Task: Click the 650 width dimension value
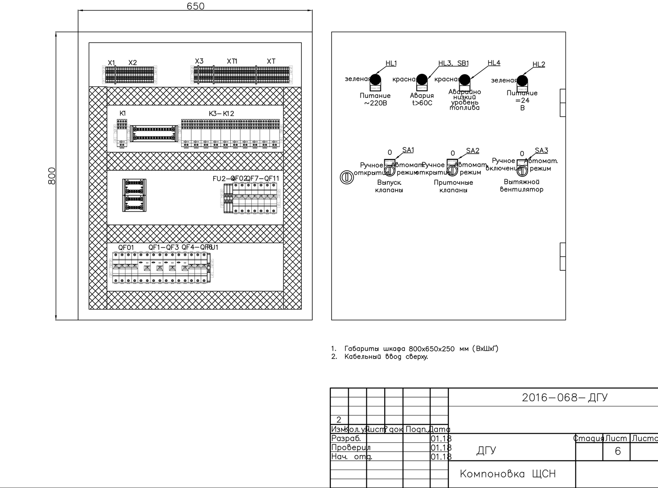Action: (x=195, y=6)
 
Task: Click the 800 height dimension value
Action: (x=52, y=176)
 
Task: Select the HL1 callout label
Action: (x=391, y=63)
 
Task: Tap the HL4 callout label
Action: (x=493, y=63)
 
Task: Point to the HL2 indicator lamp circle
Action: (x=522, y=81)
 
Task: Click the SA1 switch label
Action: (x=408, y=150)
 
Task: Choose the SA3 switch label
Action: (x=541, y=151)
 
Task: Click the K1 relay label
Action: (x=123, y=113)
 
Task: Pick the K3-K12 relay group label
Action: (x=222, y=113)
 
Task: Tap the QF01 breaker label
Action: (x=126, y=248)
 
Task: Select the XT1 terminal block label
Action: (x=232, y=61)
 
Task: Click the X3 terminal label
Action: (x=199, y=61)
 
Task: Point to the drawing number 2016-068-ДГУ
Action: (x=565, y=398)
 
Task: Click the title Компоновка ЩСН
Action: (x=508, y=474)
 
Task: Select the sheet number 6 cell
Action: (x=618, y=451)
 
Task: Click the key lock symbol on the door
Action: (x=347, y=177)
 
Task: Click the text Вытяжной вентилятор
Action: (x=522, y=186)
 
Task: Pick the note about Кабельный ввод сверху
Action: (x=385, y=357)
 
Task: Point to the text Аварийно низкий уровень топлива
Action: (x=465, y=100)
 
